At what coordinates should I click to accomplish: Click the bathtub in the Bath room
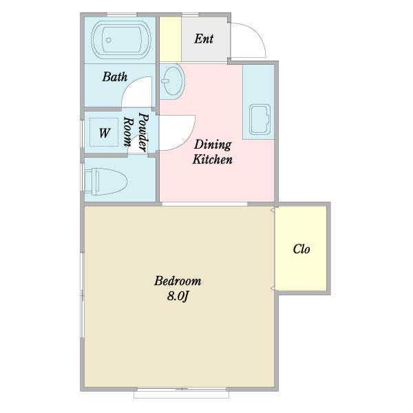coord(121,40)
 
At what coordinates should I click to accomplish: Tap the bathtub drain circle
coord(109,40)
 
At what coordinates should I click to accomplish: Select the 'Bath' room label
coord(115,77)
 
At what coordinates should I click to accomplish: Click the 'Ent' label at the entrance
coord(204,39)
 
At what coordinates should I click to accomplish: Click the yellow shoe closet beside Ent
coord(171,39)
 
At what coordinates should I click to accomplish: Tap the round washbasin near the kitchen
coord(173,81)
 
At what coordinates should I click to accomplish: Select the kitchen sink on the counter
coord(260,119)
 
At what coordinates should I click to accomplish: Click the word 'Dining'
coord(213,145)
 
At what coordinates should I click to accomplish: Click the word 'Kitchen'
coord(212,160)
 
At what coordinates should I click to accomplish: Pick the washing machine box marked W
coord(104,132)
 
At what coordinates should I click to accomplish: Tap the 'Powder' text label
coord(144,132)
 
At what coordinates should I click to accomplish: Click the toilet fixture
coord(106,181)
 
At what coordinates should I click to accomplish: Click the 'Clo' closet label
coord(301,249)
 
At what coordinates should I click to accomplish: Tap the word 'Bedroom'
coord(178,281)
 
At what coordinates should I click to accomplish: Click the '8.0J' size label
coord(178,296)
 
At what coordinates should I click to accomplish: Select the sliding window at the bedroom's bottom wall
coord(182,393)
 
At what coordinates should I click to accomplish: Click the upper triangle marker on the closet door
coord(273,210)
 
